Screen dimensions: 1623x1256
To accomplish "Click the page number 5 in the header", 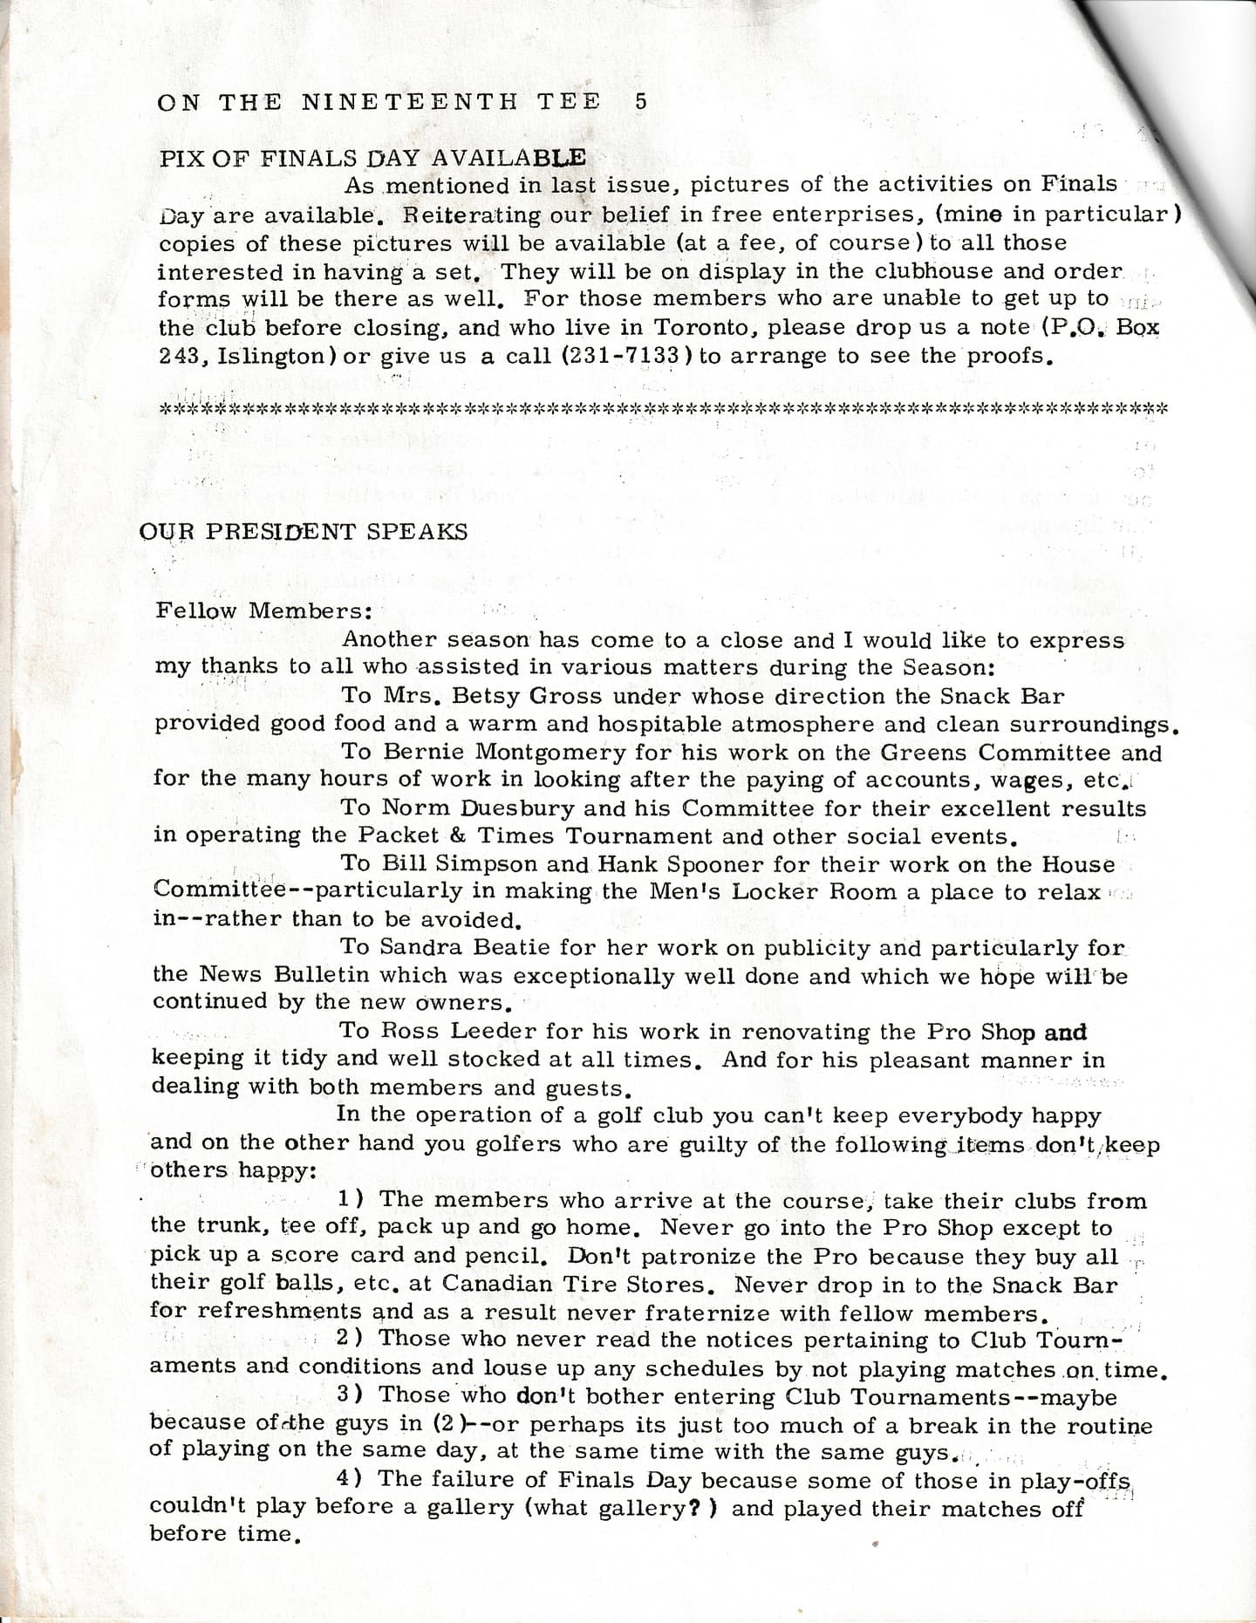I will coord(641,101).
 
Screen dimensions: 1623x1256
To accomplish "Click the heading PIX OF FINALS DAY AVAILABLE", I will coord(372,158).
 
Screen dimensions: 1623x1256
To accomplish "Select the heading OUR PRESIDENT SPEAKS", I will coord(304,531).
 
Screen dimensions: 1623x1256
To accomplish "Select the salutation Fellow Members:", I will coord(264,610).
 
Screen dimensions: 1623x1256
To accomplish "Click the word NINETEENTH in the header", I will coord(410,101).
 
